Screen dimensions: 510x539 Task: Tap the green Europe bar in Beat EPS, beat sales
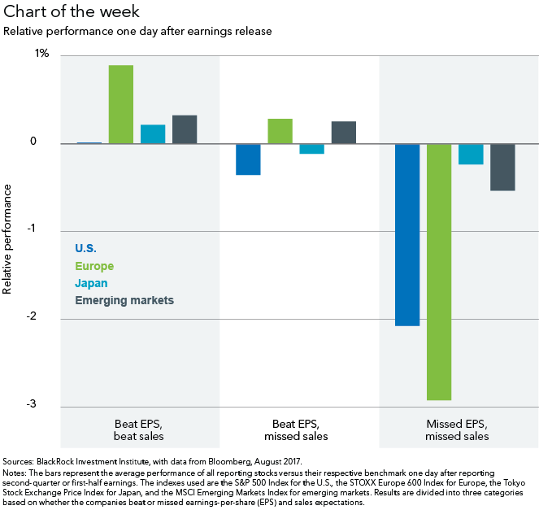point(121,104)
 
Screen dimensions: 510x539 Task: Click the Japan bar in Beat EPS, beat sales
point(153,134)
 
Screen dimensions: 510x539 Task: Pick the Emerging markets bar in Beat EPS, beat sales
point(185,129)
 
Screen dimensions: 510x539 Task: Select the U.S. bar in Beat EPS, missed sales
point(248,159)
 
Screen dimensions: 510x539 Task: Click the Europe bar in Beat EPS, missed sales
point(280,131)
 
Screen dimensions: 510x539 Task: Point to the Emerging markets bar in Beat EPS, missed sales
point(344,133)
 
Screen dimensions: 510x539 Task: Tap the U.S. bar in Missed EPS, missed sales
point(407,234)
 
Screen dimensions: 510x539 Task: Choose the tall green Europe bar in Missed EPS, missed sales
point(439,272)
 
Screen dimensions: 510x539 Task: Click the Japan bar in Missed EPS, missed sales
point(471,154)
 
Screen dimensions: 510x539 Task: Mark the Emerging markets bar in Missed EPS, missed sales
point(502,167)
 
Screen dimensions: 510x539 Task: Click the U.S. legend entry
point(85,248)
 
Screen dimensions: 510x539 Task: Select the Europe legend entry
point(94,266)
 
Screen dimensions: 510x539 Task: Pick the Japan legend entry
point(91,283)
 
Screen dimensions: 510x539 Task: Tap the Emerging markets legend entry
point(124,300)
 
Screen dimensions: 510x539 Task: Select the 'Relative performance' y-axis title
point(8,239)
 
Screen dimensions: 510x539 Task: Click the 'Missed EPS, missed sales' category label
point(457,430)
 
